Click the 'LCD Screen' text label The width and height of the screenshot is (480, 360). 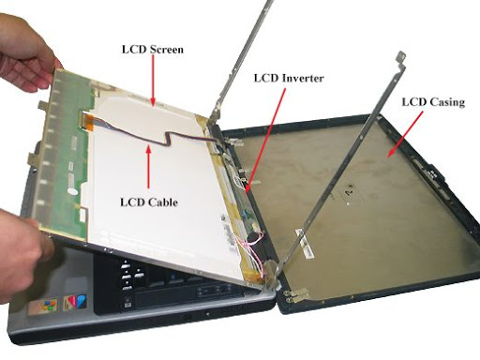[153, 50]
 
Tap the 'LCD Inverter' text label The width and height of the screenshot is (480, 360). [289, 78]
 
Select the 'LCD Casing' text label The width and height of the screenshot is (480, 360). [433, 102]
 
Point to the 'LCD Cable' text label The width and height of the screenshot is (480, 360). [149, 202]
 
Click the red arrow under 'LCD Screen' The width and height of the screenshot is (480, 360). [153, 81]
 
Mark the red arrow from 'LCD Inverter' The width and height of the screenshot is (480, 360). [266, 140]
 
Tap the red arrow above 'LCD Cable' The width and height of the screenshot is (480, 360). [149, 166]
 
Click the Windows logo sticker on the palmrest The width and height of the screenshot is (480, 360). [44, 306]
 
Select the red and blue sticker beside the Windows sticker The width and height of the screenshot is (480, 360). [75, 302]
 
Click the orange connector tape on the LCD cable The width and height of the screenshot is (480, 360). [88, 122]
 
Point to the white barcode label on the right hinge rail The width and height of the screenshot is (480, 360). [305, 244]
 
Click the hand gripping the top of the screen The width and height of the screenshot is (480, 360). [26, 53]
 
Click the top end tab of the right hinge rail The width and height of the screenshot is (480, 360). [400, 57]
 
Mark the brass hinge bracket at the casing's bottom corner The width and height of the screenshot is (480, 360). [297, 294]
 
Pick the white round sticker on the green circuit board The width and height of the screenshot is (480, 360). [72, 191]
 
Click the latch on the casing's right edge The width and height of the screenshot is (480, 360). [435, 174]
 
